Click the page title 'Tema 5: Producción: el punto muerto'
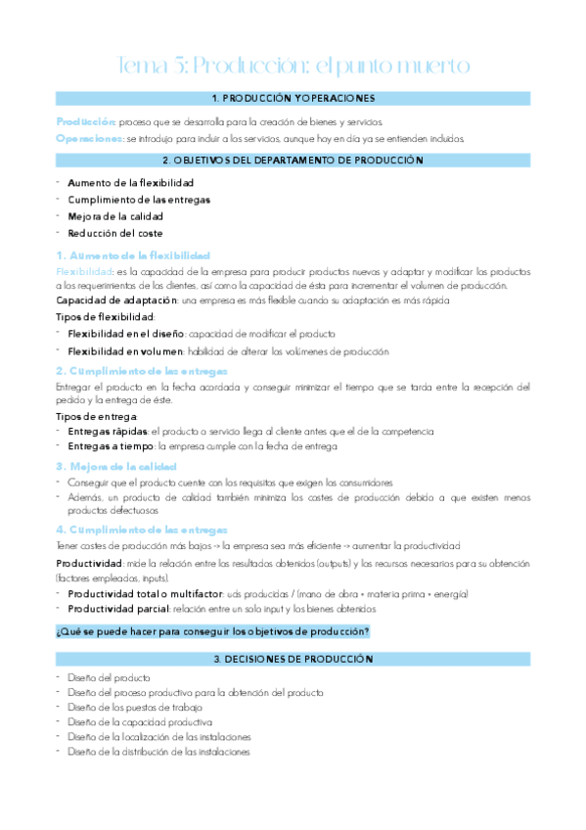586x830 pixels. [x=293, y=66]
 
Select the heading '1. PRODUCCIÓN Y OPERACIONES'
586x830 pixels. [x=293, y=99]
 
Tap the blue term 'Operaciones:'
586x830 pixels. [x=89, y=139]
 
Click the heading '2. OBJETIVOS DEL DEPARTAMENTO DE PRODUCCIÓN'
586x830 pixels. [x=293, y=161]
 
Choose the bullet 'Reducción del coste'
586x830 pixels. [x=114, y=233]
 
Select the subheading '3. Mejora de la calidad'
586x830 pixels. [x=115, y=466]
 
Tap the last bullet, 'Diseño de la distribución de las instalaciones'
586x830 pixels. [x=158, y=752]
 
